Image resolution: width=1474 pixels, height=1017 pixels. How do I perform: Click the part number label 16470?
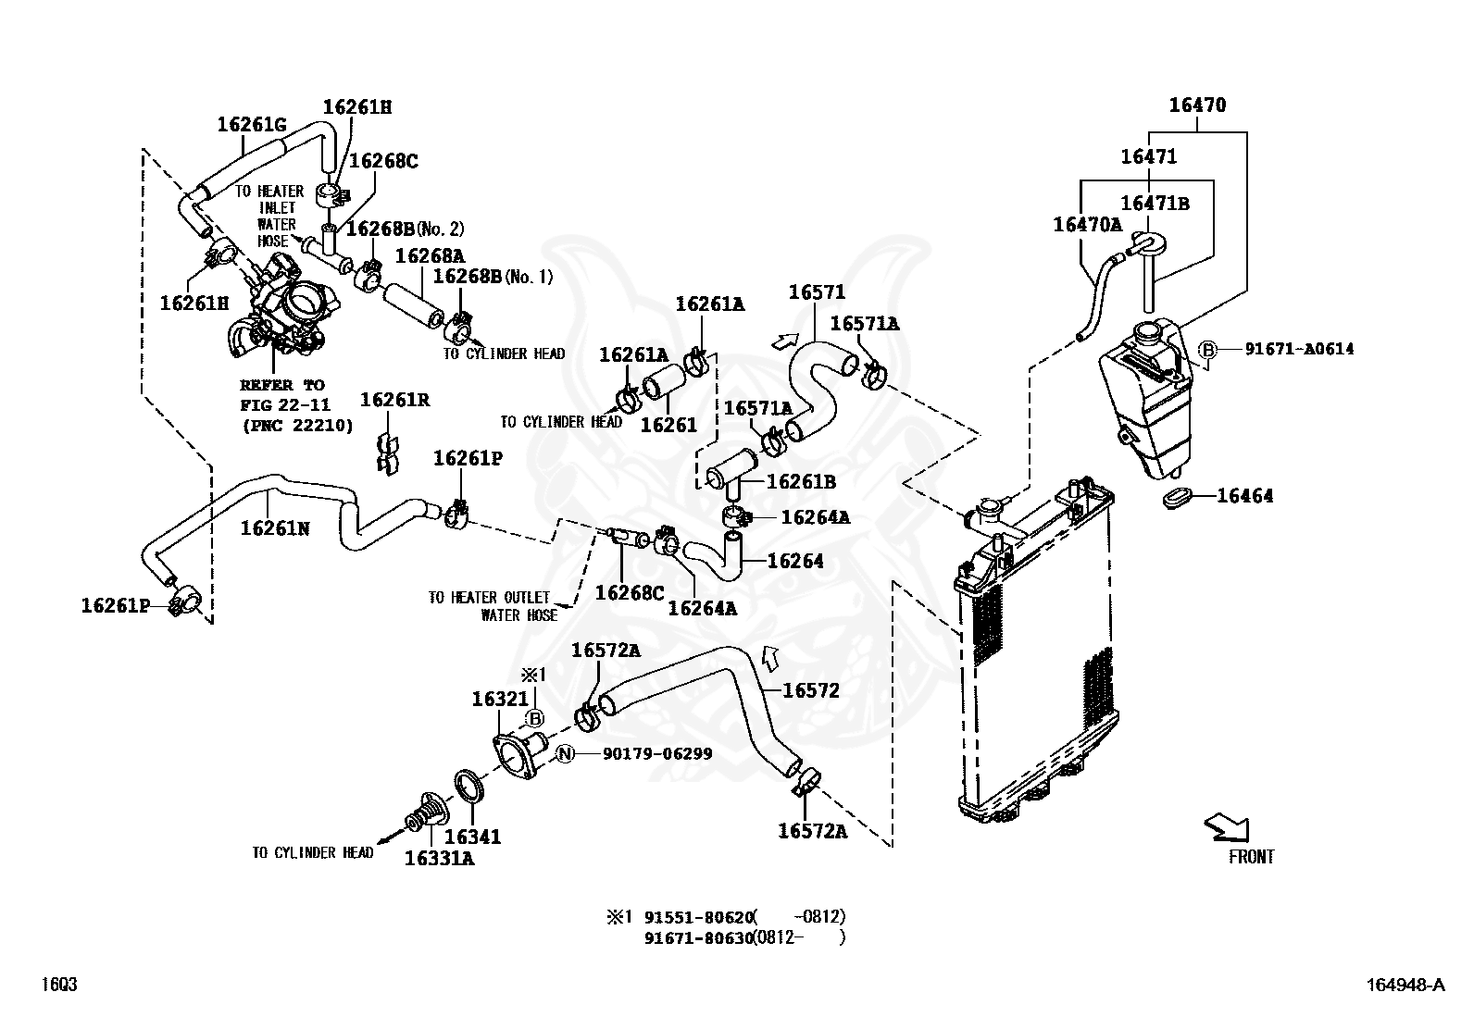click(1196, 105)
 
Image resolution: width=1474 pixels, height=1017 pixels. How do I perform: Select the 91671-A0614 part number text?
click(1299, 349)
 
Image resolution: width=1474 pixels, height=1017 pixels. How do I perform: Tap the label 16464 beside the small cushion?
click(1244, 496)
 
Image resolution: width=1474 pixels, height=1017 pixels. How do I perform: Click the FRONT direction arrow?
click(1228, 827)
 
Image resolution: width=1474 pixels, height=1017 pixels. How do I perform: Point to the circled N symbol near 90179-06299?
click(566, 754)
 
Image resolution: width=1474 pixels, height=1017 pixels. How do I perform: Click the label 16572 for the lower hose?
click(810, 690)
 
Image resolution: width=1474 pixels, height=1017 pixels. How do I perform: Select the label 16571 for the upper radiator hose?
click(817, 293)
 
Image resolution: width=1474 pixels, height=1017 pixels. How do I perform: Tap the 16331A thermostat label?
click(439, 858)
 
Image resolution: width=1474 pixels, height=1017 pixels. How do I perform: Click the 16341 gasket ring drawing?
click(471, 788)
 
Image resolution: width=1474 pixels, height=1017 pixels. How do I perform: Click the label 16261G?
click(252, 124)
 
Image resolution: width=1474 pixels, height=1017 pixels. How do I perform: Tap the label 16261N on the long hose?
click(275, 527)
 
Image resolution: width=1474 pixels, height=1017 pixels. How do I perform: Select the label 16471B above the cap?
click(1155, 204)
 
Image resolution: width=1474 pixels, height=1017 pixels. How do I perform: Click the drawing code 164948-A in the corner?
click(1405, 985)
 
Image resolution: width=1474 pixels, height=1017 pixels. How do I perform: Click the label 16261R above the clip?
click(394, 400)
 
